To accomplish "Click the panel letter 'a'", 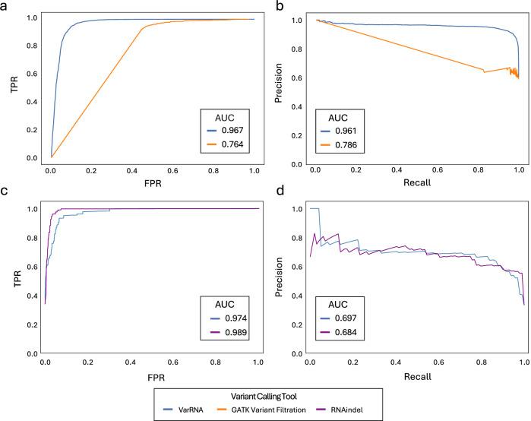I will point(5,6).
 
